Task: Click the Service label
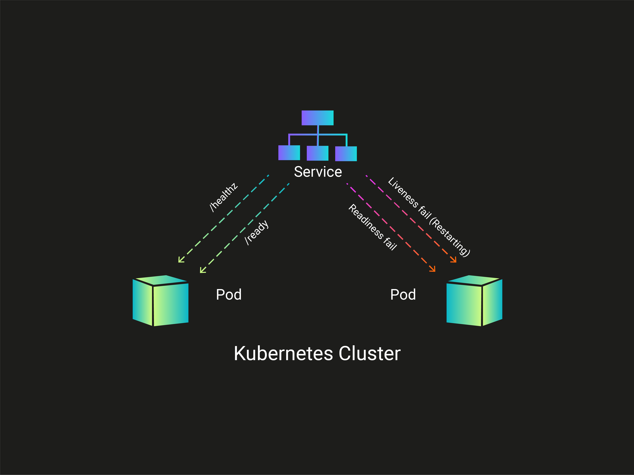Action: pos(318,172)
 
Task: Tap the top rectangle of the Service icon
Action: pos(318,118)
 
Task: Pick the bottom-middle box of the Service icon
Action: pos(318,153)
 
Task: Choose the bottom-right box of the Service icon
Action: pos(346,154)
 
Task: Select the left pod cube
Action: pos(160,301)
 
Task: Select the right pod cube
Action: pos(474,301)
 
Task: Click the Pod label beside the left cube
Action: pos(229,295)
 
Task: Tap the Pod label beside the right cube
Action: pos(403,295)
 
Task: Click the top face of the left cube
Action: pos(160,280)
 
